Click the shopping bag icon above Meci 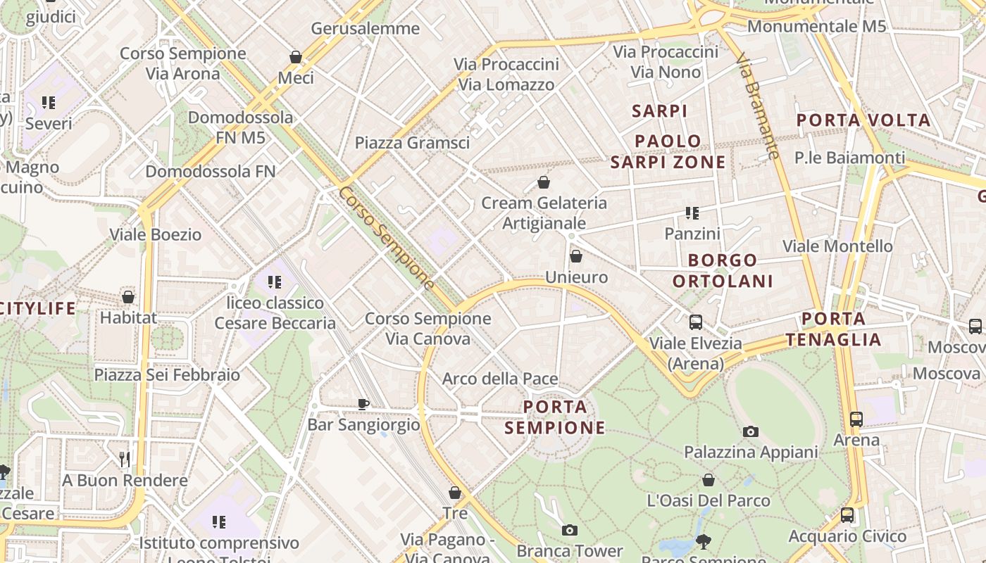[296, 57]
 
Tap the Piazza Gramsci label [412, 143]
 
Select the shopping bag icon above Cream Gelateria [544, 183]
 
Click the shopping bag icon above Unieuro [576, 257]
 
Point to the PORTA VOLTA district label [863, 120]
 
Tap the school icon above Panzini [692, 213]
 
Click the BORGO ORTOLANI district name [723, 271]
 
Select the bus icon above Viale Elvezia [696, 323]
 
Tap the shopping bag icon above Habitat [128, 298]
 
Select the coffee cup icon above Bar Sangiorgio [363, 404]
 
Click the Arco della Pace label [500, 379]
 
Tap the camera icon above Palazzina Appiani [751, 432]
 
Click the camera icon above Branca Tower [570, 531]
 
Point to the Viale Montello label [838, 246]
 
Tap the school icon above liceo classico [275, 283]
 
